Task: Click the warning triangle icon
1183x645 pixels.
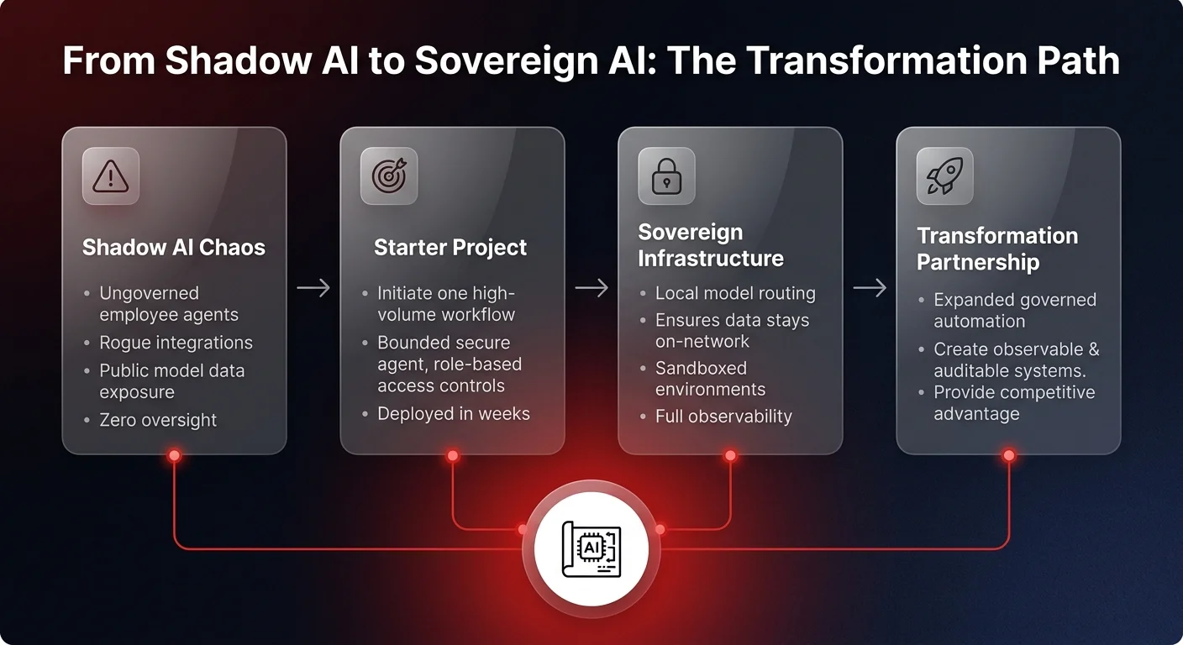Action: [x=110, y=176]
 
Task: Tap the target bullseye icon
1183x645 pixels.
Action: [x=388, y=176]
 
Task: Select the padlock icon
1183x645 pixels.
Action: [x=666, y=176]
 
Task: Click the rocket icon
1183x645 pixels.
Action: [x=944, y=176]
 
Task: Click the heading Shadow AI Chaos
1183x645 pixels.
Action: [x=173, y=248]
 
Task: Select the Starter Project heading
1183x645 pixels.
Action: [x=450, y=248]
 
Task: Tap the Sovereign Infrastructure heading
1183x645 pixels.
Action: [x=710, y=245]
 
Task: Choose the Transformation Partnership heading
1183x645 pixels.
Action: [x=996, y=249]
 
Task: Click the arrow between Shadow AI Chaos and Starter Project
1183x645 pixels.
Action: [x=313, y=288]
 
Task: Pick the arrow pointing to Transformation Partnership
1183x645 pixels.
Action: [x=870, y=288]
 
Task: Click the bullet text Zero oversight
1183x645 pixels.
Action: [x=158, y=420]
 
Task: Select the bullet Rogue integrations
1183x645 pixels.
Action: [x=176, y=343]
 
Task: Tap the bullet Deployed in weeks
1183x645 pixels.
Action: [x=454, y=413]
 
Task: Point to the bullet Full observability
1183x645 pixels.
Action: [x=723, y=416]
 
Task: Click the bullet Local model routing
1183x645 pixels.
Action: [x=735, y=293]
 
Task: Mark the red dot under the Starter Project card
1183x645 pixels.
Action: [x=452, y=455]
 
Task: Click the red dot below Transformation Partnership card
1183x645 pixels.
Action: [x=1008, y=455]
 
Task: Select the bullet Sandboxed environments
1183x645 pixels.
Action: [x=710, y=379]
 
